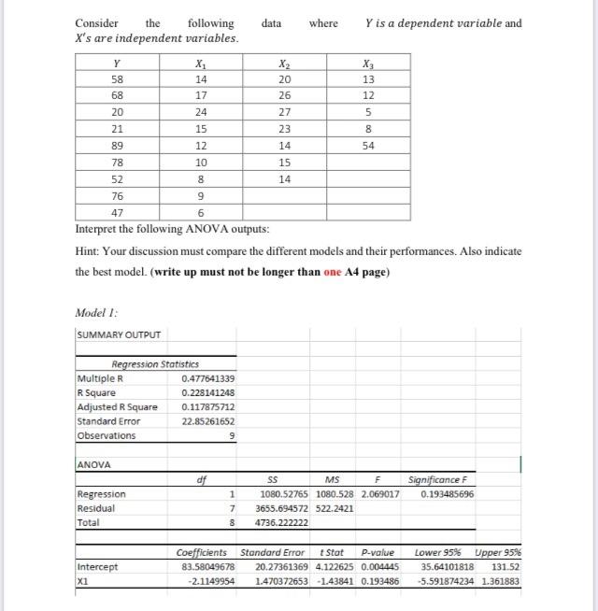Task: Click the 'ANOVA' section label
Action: point(93,463)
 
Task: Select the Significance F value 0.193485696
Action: point(448,493)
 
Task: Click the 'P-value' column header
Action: point(380,551)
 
